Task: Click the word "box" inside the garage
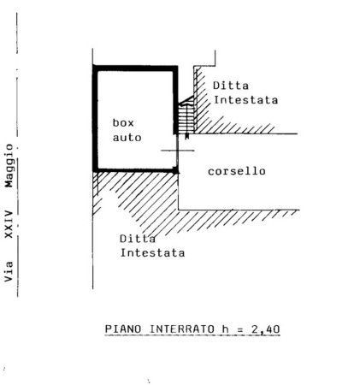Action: pos(123,123)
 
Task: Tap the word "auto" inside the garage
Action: pos(127,138)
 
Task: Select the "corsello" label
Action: pos(237,171)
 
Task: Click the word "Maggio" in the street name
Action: pos(9,166)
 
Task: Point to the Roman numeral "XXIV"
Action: pos(9,224)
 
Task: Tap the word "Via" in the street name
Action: pos(9,271)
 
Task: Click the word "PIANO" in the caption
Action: pos(123,329)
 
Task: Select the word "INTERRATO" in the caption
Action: pos(182,329)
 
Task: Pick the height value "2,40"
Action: pos(266,329)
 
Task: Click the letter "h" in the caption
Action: pos(226,329)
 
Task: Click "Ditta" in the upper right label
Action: pos(231,86)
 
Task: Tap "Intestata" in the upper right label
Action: pos(245,100)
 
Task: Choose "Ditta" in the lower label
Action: pos(138,239)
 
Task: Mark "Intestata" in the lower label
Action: pos(152,253)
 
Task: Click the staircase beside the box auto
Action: pos(186,117)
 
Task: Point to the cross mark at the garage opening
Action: pos(178,151)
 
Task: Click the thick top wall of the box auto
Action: pos(135,68)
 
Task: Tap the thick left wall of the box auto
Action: pos(96,118)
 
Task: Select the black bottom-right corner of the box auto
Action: pos(176,171)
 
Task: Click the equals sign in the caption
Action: pos(240,329)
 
